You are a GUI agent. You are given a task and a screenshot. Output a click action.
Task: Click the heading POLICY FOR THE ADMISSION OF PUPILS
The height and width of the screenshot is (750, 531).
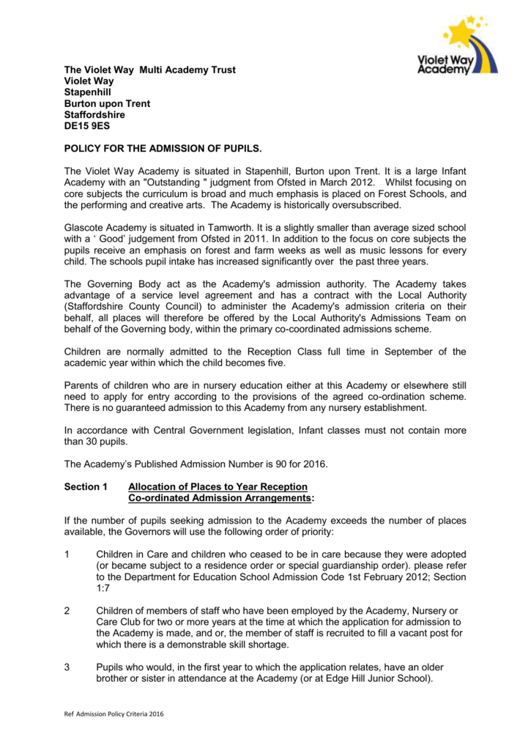point(163,149)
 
